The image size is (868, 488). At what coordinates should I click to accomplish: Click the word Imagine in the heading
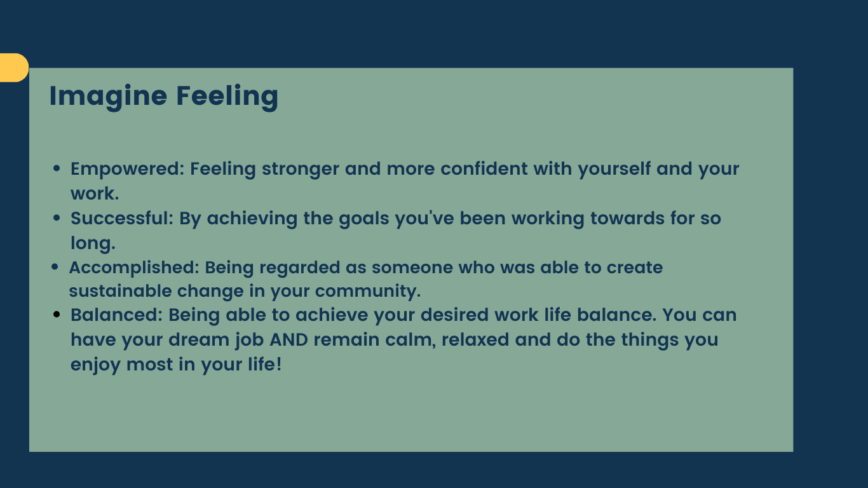coord(108,97)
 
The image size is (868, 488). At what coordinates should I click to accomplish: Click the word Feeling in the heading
coord(227,97)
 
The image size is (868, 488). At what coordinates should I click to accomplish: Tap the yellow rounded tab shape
coord(14,67)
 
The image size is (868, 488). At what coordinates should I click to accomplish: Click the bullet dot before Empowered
coord(57,168)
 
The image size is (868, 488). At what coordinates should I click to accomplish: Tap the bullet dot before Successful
coord(57,218)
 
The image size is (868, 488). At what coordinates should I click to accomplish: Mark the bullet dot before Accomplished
coord(55,267)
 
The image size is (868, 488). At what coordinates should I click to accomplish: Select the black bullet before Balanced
coord(57,315)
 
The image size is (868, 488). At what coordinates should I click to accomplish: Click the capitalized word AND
coord(288,340)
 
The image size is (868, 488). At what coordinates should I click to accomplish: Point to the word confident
coord(484,169)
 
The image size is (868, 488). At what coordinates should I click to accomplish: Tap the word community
coord(368,292)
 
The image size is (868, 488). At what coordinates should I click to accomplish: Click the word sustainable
coord(120,291)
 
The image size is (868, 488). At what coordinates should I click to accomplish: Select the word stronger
coord(301,170)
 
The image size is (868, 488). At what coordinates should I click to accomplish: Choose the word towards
coord(627,218)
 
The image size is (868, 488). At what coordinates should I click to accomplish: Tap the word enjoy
coord(95,365)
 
